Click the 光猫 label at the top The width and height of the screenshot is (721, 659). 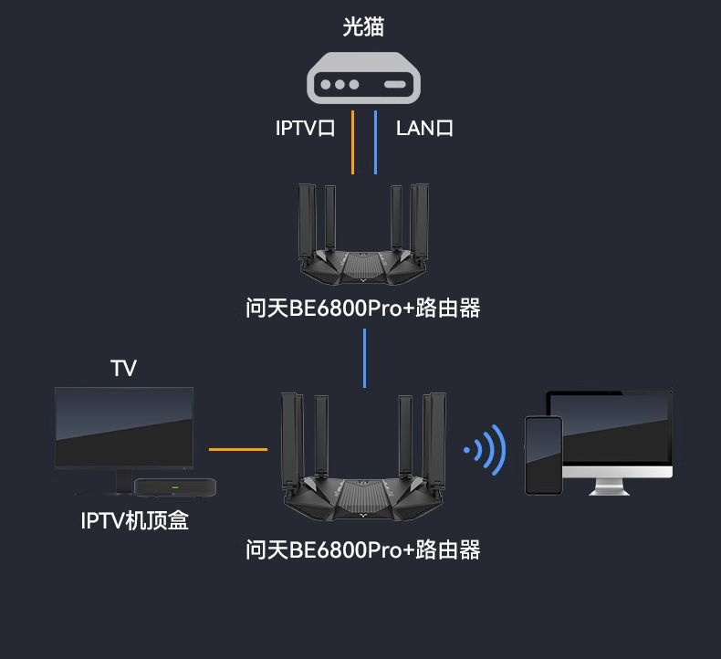point(362,27)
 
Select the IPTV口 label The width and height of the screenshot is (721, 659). point(305,128)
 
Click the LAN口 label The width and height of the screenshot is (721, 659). point(424,128)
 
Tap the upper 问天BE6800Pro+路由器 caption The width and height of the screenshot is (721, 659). point(362,309)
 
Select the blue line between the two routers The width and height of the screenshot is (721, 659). point(364,358)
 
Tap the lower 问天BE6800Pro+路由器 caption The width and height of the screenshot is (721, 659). point(362,549)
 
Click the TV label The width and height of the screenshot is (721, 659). point(123,369)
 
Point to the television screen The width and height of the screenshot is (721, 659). point(123,427)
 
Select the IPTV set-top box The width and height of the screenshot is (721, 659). point(174,487)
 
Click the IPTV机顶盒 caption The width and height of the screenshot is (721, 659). point(135,521)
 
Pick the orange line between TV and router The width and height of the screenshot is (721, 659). point(237,449)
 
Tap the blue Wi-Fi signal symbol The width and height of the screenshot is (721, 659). point(486,450)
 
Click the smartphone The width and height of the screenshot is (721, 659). point(543,455)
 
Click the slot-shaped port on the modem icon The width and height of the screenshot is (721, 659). point(394,85)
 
